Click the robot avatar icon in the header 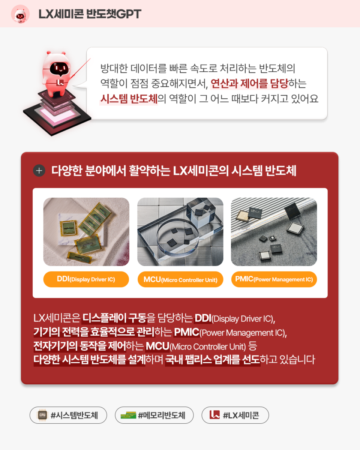pyautogui.click(x=20, y=14)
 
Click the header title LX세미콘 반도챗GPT pyautogui.click(x=90, y=14)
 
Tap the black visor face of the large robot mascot pyautogui.click(x=59, y=68)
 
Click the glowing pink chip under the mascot pyautogui.click(x=57, y=115)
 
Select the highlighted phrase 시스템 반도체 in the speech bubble pyautogui.click(x=129, y=99)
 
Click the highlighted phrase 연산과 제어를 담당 pyautogui.click(x=249, y=83)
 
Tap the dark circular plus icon pyautogui.click(x=39, y=171)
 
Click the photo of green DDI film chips pyautogui.click(x=86, y=232)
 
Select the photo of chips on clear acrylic pyautogui.click(x=180, y=232)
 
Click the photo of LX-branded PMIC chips pyautogui.click(x=274, y=232)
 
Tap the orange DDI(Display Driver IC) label pyautogui.click(x=86, y=279)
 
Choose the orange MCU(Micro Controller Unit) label pyautogui.click(x=180, y=279)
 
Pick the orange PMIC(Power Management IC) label pyautogui.click(x=274, y=279)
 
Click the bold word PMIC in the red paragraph pyautogui.click(x=187, y=332)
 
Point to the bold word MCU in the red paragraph pyautogui.click(x=157, y=346)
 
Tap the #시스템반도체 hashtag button pyautogui.click(x=68, y=415)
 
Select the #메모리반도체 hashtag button pyautogui.click(x=154, y=415)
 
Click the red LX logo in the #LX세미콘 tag pyautogui.click(x=214, y=415)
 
